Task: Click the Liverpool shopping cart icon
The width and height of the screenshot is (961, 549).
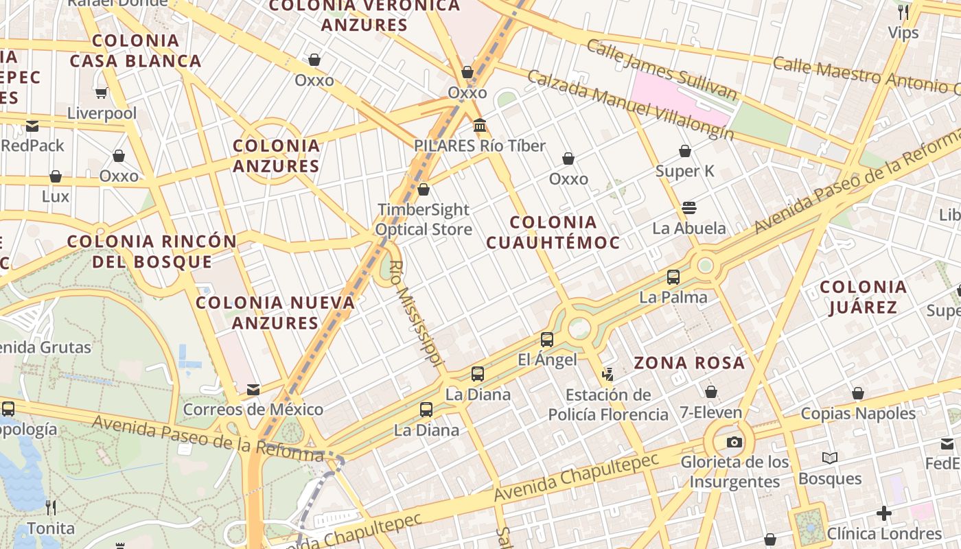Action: (x=102, y=93)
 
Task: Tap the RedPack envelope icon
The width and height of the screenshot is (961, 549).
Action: (x=32, y=126)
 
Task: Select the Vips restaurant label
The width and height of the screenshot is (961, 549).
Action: (x=903, y=32)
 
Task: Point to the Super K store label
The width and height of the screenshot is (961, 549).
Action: (x=685, y=171)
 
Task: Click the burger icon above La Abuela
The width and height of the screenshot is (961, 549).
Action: (x=689, y=208)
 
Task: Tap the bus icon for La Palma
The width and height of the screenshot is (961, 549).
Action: (x=673, y=277)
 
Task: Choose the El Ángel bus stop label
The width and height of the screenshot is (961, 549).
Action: (x=547, y=360)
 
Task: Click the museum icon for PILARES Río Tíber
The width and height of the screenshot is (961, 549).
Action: (x=480, y=126)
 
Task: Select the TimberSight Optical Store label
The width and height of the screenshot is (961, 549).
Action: (x=424, y=220)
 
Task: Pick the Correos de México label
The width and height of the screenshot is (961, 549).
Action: (x=253, y=410)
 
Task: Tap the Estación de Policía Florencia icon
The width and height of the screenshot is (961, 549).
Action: (x=607, y=375)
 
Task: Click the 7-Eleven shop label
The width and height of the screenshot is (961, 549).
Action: (x=710, y=412)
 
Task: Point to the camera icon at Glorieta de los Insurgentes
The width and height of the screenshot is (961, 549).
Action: (x=734, y=442)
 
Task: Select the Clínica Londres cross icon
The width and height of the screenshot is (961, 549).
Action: (x=884, y=513)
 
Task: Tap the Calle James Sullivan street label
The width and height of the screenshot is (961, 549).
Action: (x=662, y=70)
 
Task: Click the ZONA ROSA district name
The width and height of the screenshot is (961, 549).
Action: (x=688, y=363)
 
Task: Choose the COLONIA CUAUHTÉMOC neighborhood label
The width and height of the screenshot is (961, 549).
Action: (x=553, y=232)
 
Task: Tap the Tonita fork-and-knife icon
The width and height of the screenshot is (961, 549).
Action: (x=51, y=508)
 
